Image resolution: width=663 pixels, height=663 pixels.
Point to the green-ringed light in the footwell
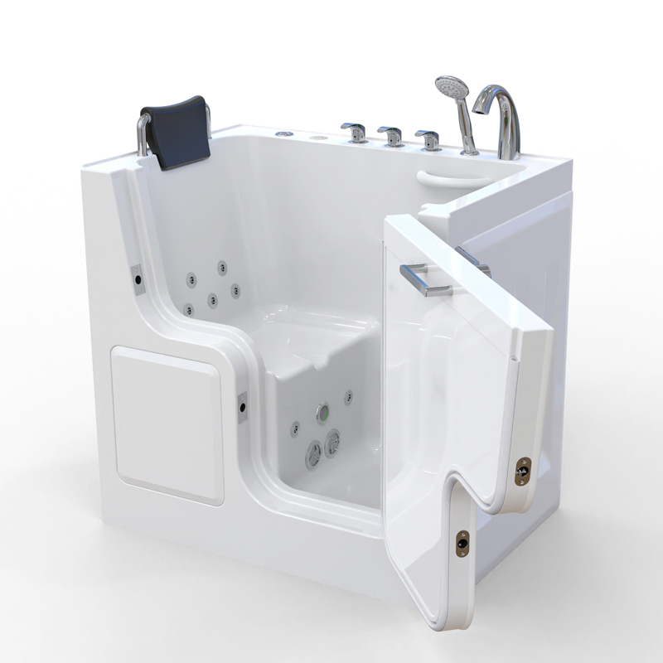322,412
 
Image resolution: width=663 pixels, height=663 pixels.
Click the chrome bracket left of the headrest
143,134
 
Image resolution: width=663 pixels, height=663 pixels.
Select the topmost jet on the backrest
222,267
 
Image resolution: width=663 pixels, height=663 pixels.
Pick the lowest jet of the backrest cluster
191,310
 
